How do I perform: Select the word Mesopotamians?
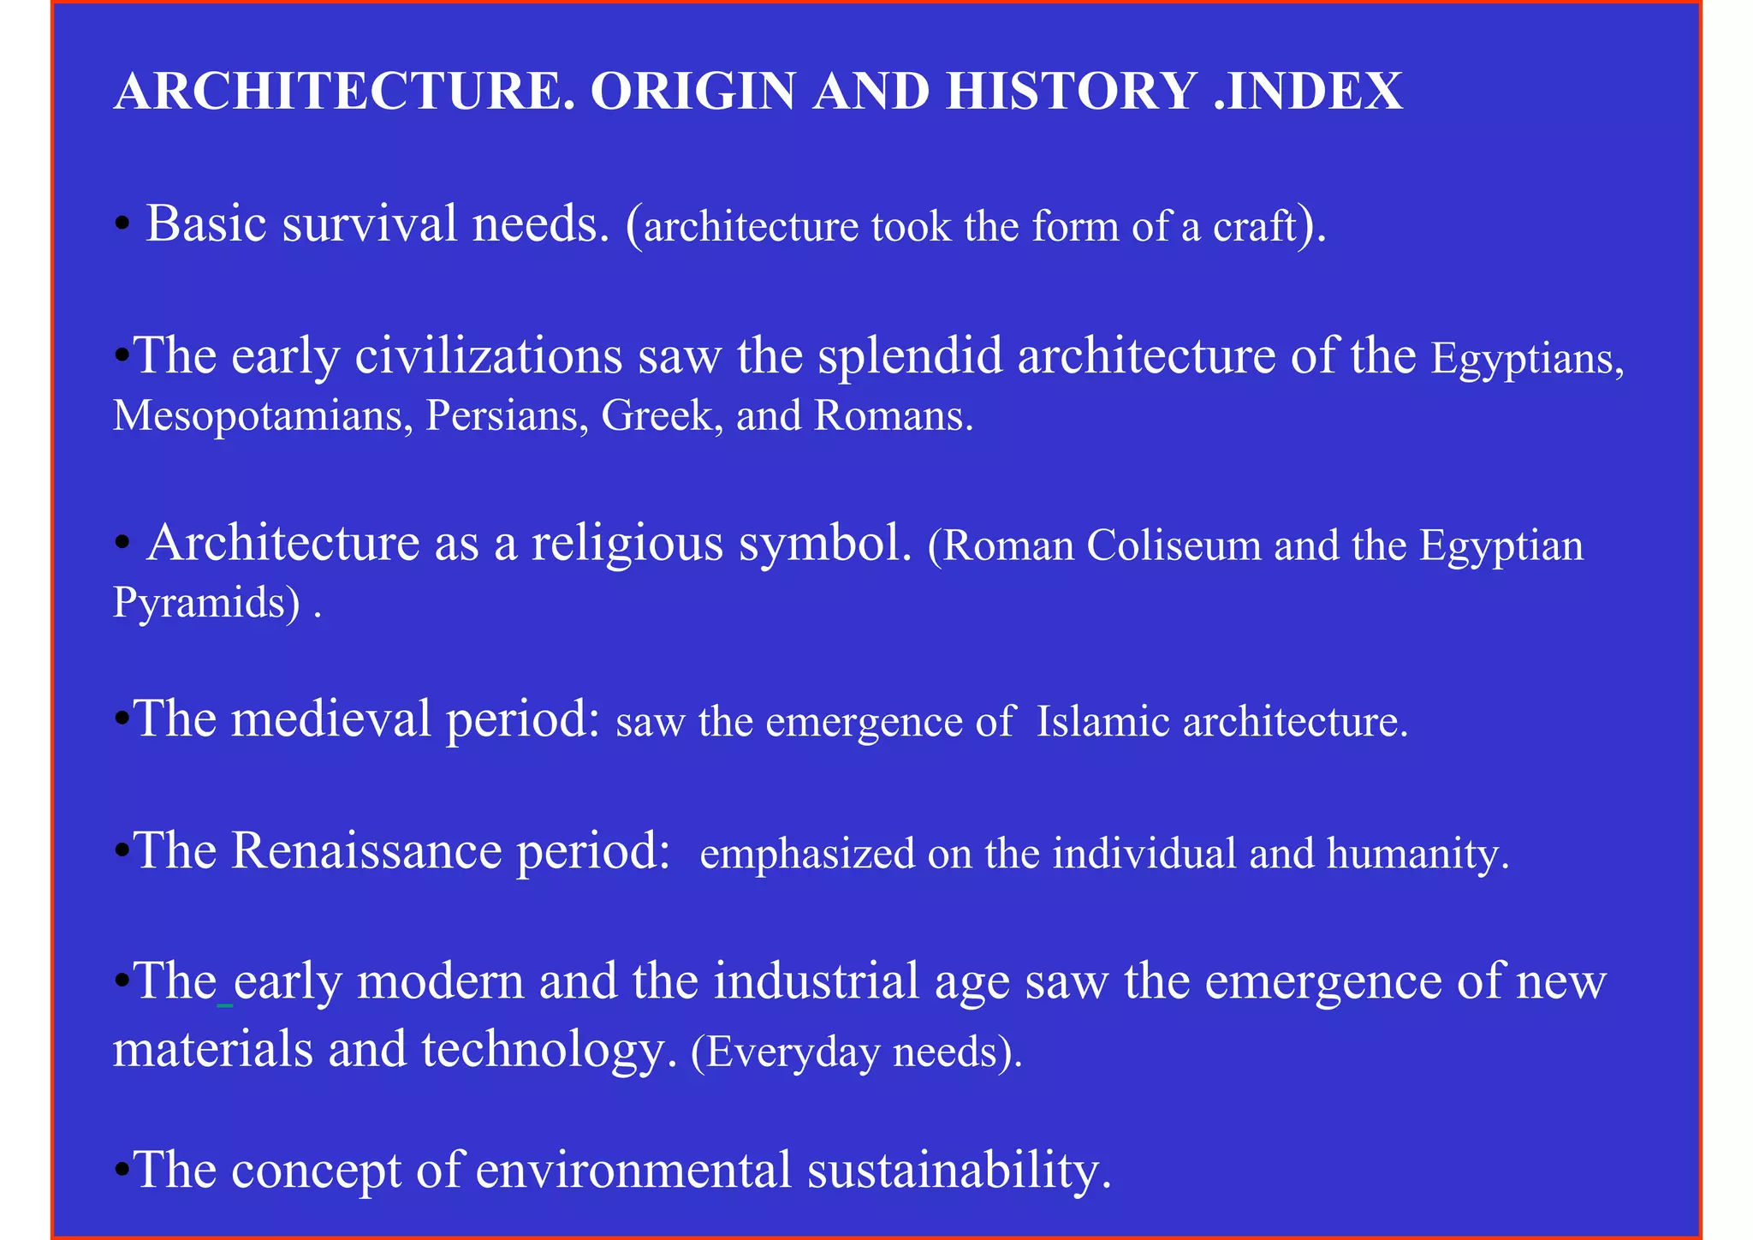pyautogui.click(x=258, y=417)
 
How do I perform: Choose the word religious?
pyautogui.click(x=627, y=544)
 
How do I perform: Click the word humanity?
pyautogui.click(x=1417, y=854)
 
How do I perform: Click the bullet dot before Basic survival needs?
pyautogui.click(x=122, y=226)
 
